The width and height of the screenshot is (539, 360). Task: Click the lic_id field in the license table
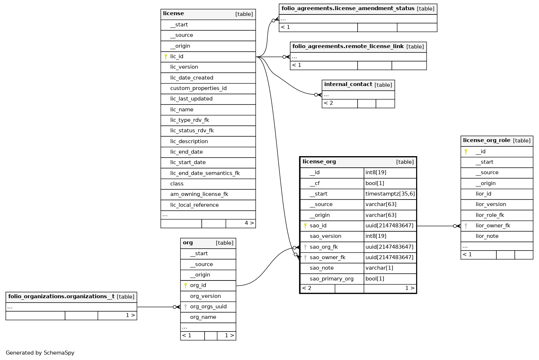point(177,56)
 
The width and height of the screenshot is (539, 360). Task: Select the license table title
point(174,14)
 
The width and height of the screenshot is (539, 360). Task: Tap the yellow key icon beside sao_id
point(305,226)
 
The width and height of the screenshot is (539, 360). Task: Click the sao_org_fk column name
point(324,247)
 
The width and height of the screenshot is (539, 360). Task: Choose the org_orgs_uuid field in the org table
point(208,307)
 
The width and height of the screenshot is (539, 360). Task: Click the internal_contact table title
point(348,85)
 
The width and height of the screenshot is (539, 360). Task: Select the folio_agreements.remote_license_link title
point(348,47)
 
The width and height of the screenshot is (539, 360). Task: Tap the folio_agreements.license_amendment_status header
point(348,9)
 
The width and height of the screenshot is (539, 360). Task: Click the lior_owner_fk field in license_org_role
point(493,226)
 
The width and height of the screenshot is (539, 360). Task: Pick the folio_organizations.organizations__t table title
point(61,297)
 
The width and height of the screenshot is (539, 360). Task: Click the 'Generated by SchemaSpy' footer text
point(40,353)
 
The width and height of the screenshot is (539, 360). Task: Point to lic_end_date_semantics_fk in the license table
point(205,173)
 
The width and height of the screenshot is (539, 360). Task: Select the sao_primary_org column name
point(331,279)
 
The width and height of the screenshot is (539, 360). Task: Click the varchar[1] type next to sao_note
point(379,268)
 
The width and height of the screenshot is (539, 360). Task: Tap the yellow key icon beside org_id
point(185,286)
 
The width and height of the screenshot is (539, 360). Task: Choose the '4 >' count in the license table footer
point(249,223)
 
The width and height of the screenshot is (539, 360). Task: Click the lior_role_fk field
point(490,215)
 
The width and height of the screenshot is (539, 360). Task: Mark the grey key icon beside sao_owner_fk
point(305,258)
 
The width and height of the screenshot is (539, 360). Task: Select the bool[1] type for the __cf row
point(375,183)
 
